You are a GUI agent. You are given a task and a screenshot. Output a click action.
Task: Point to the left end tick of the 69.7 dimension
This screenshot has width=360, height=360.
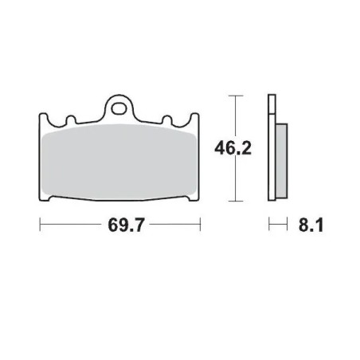point(40,225)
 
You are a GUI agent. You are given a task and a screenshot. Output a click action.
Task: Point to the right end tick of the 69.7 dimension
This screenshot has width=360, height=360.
point(199,225)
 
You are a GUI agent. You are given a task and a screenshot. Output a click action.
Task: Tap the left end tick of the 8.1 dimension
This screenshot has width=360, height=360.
point(268,225)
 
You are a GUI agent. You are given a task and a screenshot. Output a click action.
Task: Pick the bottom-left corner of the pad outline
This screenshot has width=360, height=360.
point(43,198)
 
